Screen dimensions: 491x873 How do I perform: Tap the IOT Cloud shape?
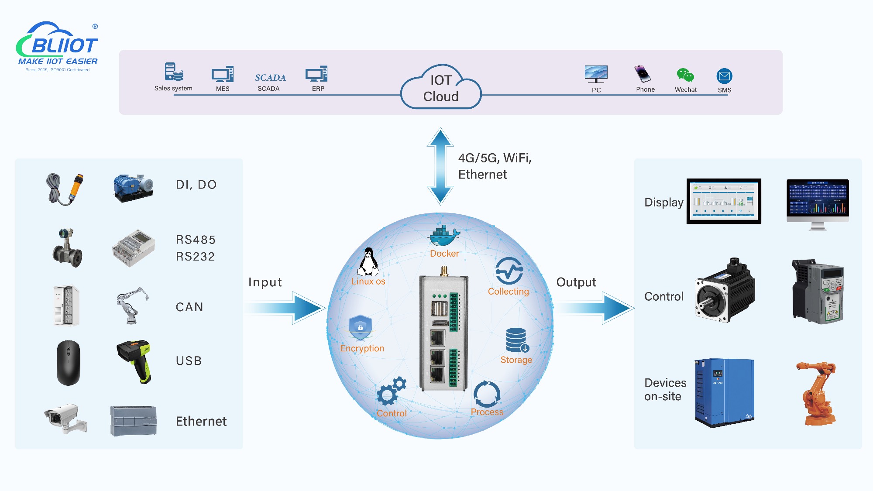click(441, 89)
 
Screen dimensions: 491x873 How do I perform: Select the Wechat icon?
click(685, 75)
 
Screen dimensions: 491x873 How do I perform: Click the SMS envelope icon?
click(724, 76)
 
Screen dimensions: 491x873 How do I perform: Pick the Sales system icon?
click(174, 72)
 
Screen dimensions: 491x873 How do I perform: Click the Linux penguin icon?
click(369, 262)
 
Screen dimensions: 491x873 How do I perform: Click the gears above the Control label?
click(391, 391)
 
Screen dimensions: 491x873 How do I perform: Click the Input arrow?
click(288, 308)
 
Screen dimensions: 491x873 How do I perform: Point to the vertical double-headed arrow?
click(440, 166)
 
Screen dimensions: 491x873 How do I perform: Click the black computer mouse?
click(69, 363)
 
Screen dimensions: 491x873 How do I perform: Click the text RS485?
click(196, 240)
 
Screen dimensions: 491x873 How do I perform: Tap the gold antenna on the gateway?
click(443, 271)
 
